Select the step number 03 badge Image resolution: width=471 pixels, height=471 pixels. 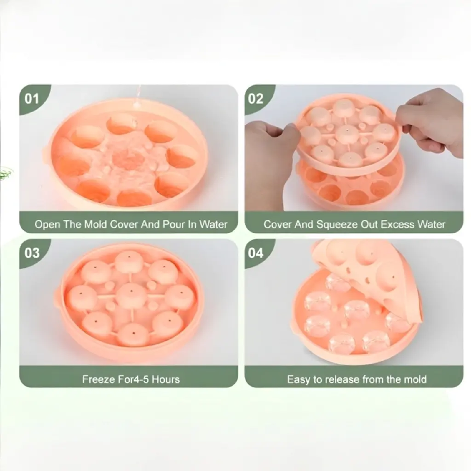click(x=32, y=253)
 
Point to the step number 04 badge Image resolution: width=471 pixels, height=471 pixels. click(x=256, y=253)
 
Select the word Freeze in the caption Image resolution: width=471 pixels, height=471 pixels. click(x=98, y=379)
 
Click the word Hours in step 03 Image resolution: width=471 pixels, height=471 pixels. click(x=165, y=379)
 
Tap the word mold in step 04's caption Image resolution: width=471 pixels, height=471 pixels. click(x=416, y=379)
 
